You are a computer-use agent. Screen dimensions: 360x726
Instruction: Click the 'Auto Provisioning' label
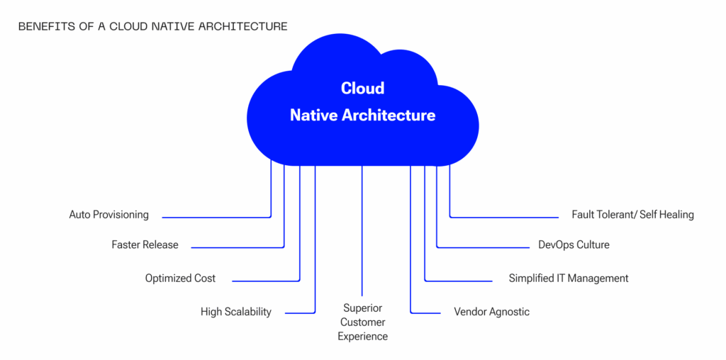pyautogui.click(x=108, y=215)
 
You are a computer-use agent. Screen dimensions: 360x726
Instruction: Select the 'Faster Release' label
pyautogui.click(x=145, y=245)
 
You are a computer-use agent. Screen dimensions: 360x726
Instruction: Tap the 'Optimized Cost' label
pyautogui.click(x=180, y=279)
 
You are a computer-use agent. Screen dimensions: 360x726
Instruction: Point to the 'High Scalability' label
pyautogui.click(x=235, y=312)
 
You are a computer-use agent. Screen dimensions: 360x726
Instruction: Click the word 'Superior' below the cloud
pyautogui.click(x=362, y=308)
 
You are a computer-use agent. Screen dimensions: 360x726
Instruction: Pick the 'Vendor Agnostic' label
pyautogui.click(x=491, y=312)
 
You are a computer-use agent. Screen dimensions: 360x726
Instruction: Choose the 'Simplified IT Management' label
pyautogui.click(x=568, y=279)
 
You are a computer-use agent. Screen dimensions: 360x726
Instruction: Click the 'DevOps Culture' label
pyautogui.click(x=574, y=245)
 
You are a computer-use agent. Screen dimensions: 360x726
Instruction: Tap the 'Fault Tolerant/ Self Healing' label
pyautogui.click(x=632, y=215)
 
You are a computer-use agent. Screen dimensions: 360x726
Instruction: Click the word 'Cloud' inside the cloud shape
pyautogui.click(x=362, y=89)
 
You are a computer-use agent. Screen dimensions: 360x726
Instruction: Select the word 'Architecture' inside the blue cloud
pyautogui.click(x=389, y=115)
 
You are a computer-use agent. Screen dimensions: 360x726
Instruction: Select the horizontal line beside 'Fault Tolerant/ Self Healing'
pyautogui.click(x=503, y=217)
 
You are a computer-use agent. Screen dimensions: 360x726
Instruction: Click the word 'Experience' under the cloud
pyautogui.click(x=362, y=337)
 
